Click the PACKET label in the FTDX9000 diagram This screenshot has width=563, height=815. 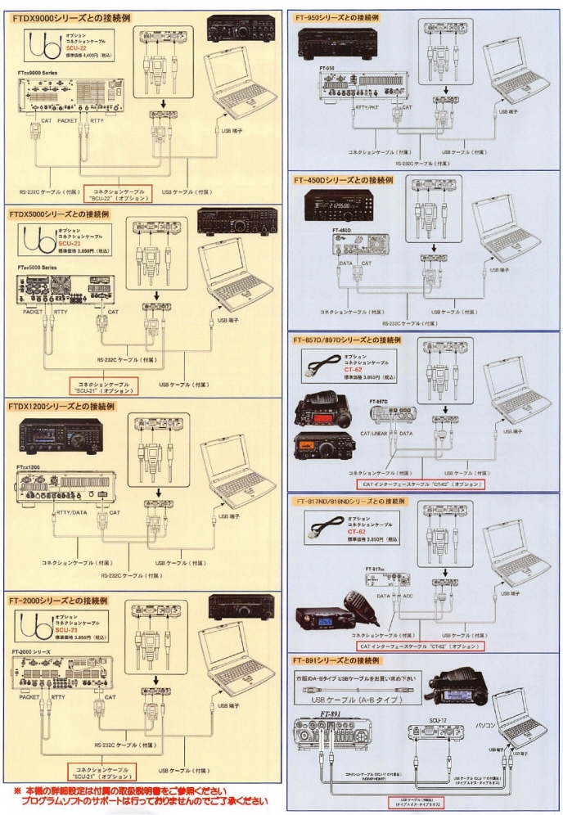point(67,120)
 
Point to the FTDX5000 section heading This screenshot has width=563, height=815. point(60,214)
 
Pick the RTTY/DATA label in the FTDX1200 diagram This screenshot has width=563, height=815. point(73,513)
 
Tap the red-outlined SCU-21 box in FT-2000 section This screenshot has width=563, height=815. point(102,772)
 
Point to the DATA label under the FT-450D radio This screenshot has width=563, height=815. point(345,263)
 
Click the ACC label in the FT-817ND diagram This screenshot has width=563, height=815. point(407,596)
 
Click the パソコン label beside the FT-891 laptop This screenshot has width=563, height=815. point(508,702)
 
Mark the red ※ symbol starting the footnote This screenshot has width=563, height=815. point(17,791)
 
